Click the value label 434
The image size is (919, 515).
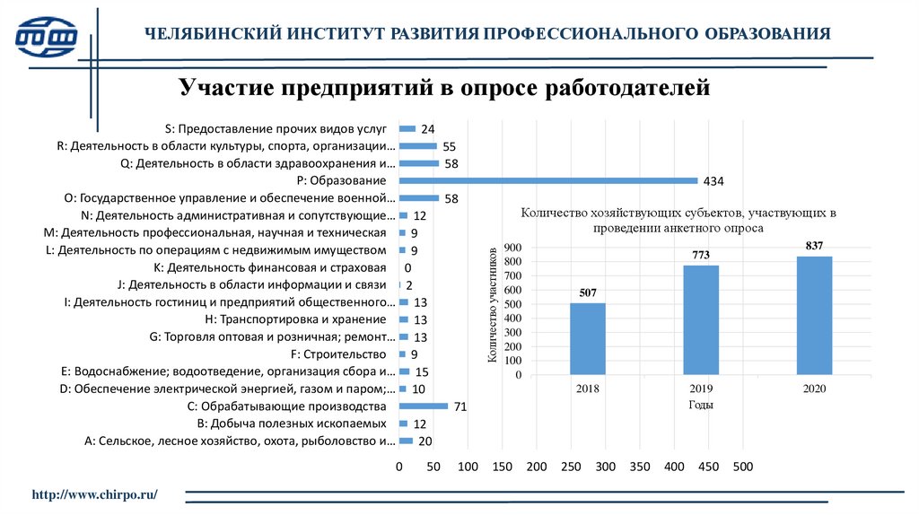[x=713, y=181]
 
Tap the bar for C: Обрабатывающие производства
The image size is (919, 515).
[x=423, y=406]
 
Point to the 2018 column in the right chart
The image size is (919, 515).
[x=588, y=338]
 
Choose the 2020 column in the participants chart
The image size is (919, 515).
[x=814, y=315]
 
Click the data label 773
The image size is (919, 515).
[x=701, y=255]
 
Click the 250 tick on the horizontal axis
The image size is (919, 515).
[x=571, y=467]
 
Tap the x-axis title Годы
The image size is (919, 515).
[x=701, y=405]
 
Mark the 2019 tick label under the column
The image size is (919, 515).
[x=701, y=388]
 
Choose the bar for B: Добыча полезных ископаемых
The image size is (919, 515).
[x=403, y=423]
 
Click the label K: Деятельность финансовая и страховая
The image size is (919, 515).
[x=270, y=267]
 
